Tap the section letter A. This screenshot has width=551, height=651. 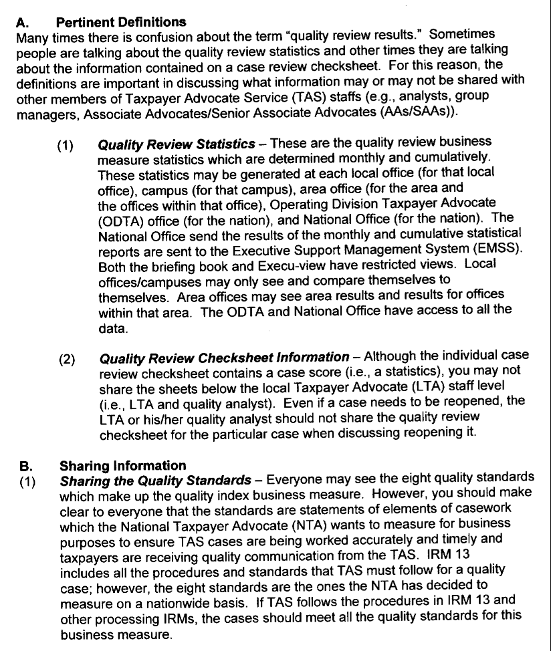[x=21, y=22]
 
